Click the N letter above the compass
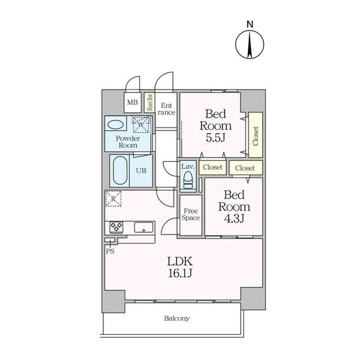(250, 24)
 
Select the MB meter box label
(133, 102)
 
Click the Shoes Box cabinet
(150, 103)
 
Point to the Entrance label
(166, 109)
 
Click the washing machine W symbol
(141, 125)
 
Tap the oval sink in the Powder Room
(116, 125)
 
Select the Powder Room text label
(128, 142)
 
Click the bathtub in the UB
(120, 170)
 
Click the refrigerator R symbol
(113, 199)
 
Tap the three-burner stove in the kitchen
(116, 227)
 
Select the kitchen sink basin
(143, 227)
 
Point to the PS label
(110, 251)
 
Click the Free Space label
(191, 214)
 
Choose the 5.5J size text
(215, 138)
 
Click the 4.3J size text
(234, 218)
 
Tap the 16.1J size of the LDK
(180, 274)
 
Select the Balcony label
(177, 319)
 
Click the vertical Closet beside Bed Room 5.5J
(256, 135)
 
